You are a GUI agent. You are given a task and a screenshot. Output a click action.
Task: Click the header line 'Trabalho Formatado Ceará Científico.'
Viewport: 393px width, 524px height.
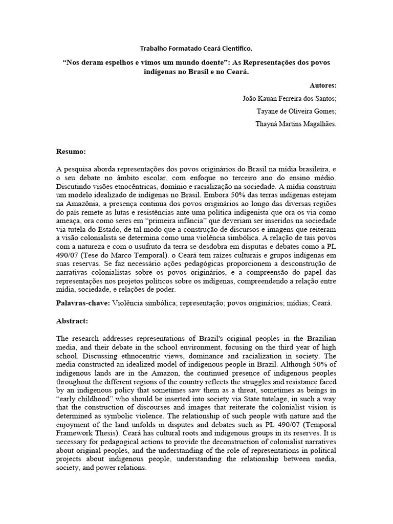196,49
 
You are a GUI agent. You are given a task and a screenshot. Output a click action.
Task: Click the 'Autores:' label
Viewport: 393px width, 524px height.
323,85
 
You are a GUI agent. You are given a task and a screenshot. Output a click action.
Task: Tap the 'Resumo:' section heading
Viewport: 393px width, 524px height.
71,152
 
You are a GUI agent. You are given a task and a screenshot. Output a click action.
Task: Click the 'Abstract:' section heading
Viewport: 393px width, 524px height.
72,321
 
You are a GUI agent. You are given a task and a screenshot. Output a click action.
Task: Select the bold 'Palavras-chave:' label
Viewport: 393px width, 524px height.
82,303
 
